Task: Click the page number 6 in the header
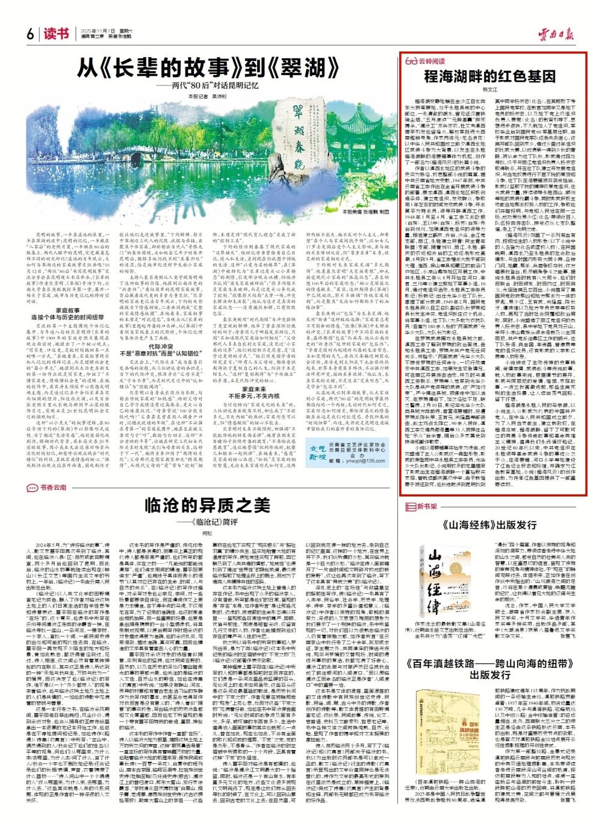(x=29, y=34)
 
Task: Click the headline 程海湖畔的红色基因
(x=490, y=76)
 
